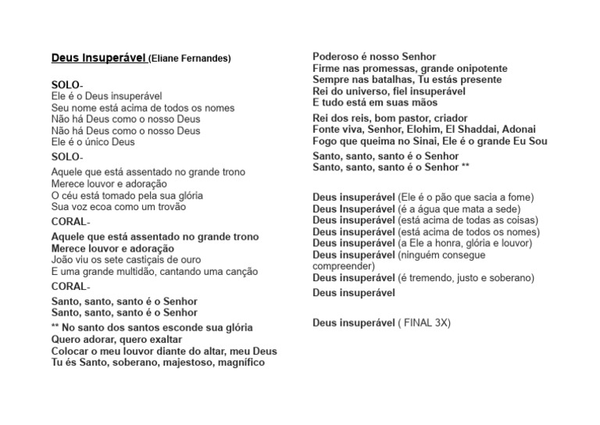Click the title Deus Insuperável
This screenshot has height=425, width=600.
click(98, 58)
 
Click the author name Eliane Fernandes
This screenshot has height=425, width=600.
click(190, 59)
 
